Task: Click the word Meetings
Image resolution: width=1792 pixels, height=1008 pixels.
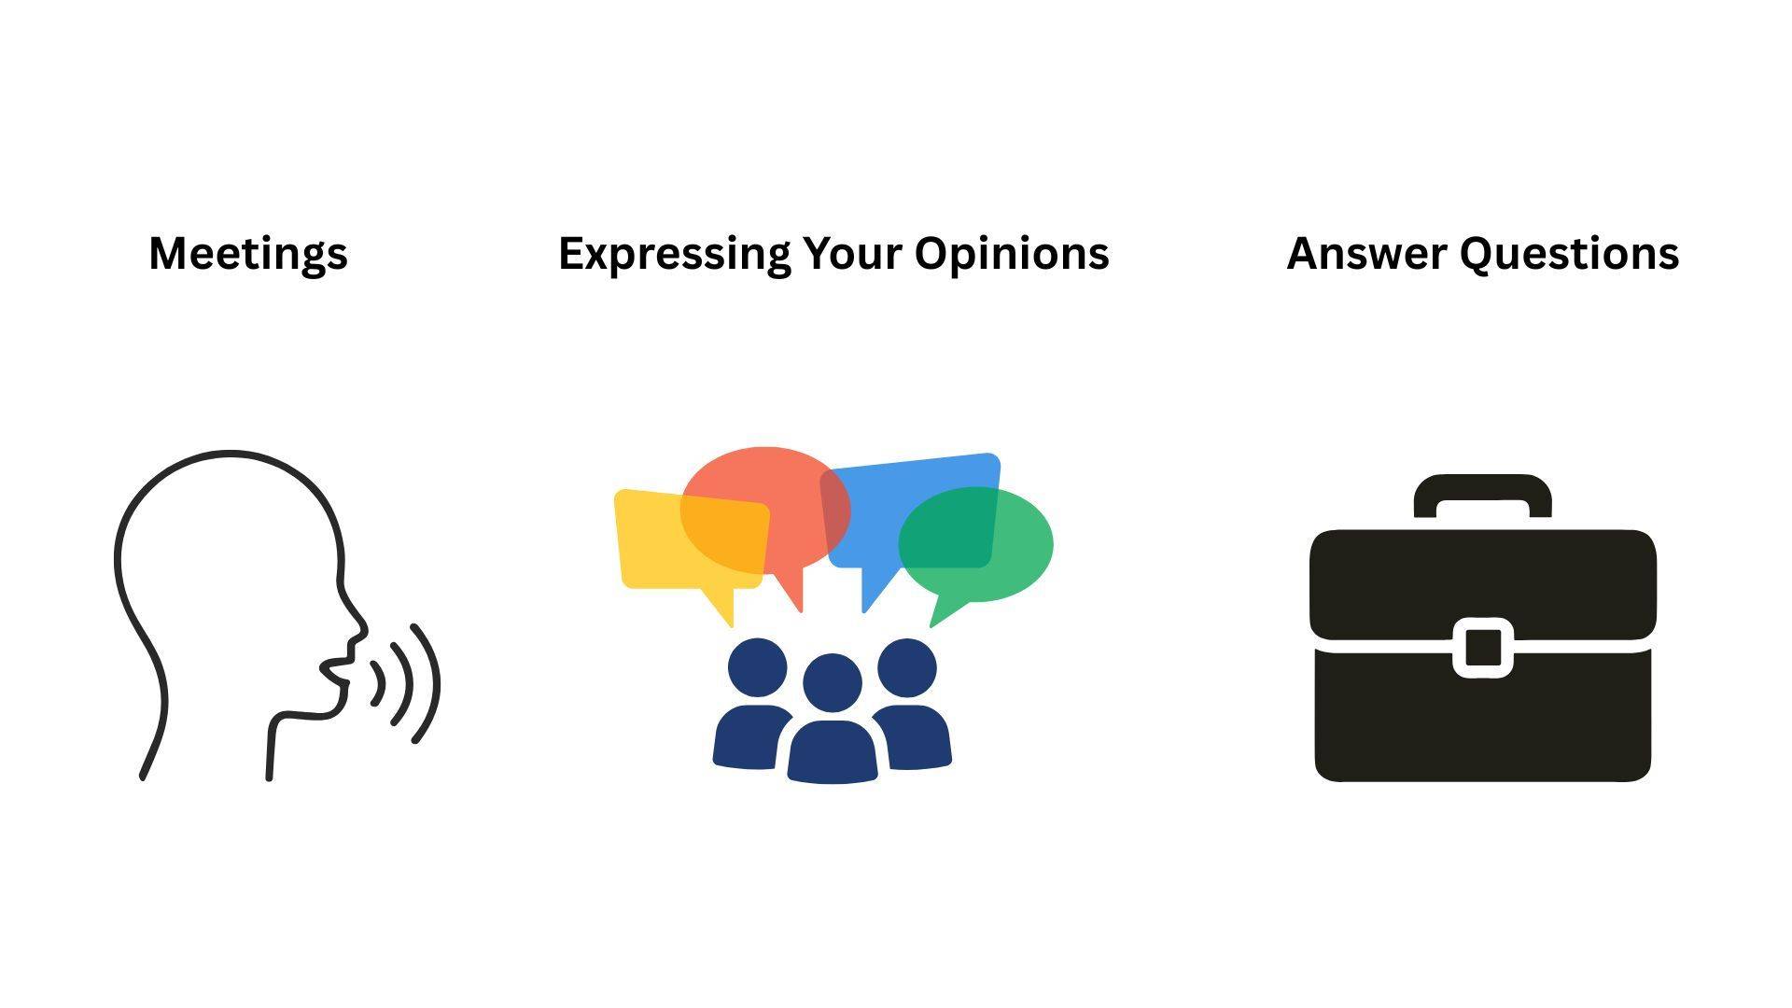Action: pos(248,254)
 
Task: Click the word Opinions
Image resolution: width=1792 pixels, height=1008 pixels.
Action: pos(1012,254)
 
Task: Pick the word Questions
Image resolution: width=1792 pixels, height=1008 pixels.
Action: pos(1569,254)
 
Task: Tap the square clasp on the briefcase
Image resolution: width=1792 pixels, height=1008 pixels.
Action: pos(1483,647)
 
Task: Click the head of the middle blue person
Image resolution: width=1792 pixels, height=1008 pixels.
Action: pos(833,683)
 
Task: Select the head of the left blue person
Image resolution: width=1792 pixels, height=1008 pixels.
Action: pos(757,667)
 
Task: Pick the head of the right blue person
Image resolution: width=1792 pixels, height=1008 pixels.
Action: pos(907,667)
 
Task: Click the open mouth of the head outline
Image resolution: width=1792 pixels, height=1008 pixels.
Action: pos(336,670)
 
